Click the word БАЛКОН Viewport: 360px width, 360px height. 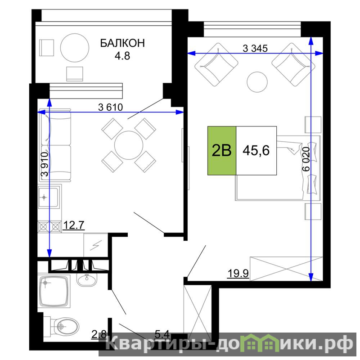[x=122, y=43]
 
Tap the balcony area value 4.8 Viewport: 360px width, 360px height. [x=122, y=56]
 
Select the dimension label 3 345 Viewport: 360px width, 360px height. [x=255, y=48]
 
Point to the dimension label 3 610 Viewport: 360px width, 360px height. [x=110, y=107]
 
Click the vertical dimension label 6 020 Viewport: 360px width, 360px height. [x=306, y=159]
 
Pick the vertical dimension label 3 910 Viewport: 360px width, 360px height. [x=45, y=164]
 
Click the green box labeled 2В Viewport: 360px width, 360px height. [x=222, y=151]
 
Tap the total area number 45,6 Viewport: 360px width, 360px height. [x=256, y=151]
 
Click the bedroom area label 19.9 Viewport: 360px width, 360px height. [x=238, y=274]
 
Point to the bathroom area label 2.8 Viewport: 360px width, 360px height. [x=99, y=334]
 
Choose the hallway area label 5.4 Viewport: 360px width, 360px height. [x=162, y=334]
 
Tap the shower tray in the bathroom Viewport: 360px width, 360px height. [x=54, y=291]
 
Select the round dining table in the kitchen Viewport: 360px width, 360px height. [x=129, y=145]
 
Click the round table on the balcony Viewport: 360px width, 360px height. [x=75, y=48]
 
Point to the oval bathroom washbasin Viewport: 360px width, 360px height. [x=86, y=279]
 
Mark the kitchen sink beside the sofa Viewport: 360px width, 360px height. [x=49, y=197]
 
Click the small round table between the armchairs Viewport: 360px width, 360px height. [x=257, y=82]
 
